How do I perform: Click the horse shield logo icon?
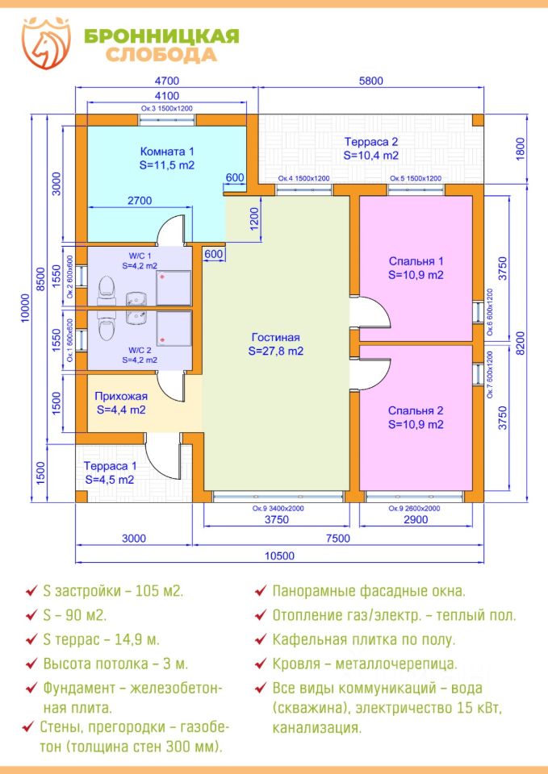(x=47, y=44)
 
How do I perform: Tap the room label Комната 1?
(x=167, y=152)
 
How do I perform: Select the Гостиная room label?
(x=275, y=338)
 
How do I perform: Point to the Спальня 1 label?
(x=416, y=261)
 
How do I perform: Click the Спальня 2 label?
(x=416, y=410)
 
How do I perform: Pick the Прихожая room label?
(x=120, y=396)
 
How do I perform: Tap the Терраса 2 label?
(x=370, y=141)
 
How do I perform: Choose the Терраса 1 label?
(x=110, y=466)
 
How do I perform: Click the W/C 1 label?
(x=140, y=256)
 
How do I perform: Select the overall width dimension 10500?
(x=280, y=556)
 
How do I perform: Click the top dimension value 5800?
(x=370, y=80)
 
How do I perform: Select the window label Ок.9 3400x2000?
(x=277, y=509)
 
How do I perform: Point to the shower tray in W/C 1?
(x=174, y=287)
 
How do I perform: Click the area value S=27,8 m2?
(x=276, y=351)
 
